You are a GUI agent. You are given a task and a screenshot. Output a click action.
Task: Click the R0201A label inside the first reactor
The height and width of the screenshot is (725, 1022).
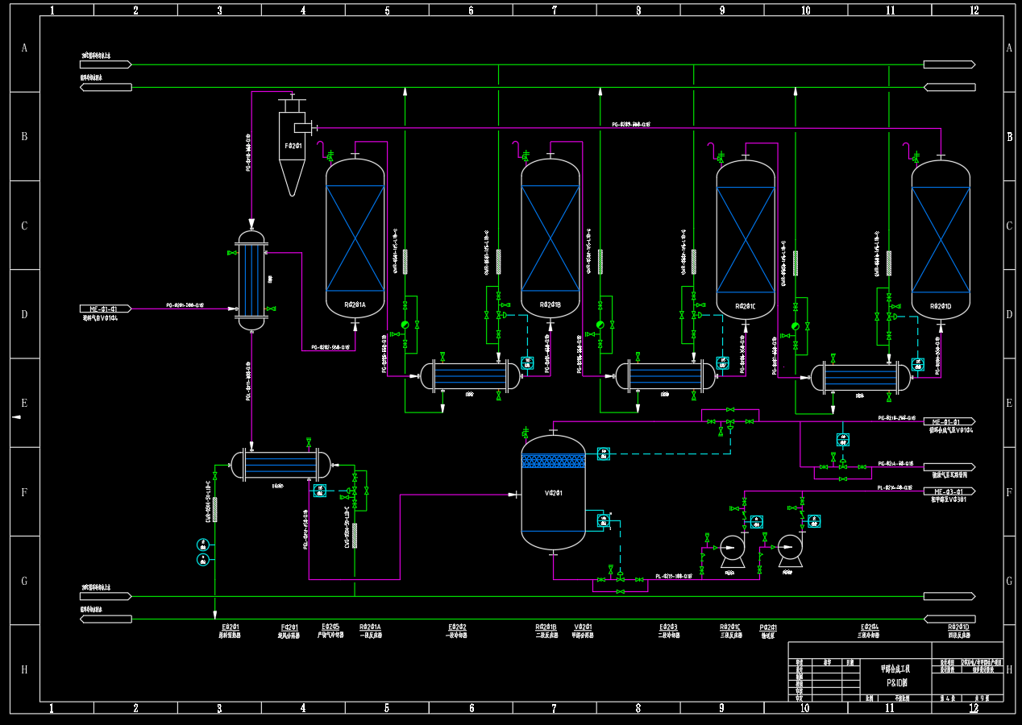click(355, 304)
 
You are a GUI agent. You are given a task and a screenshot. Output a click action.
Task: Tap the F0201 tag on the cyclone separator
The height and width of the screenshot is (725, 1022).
click(293, 146)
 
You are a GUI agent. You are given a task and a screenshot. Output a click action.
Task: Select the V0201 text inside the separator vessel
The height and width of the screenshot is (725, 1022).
click(553, 493)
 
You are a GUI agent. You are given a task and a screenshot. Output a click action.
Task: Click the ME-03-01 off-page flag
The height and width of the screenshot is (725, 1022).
click(948, 491)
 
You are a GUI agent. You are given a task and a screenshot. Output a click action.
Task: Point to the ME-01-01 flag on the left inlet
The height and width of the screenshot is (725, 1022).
click(104, 309)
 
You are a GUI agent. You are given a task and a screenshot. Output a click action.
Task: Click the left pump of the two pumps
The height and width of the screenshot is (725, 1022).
click(732, 547)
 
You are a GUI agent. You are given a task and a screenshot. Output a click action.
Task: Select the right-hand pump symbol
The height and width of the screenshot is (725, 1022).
click(790, 547)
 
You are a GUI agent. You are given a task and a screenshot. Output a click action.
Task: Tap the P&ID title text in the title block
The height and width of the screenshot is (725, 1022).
click(895, 681)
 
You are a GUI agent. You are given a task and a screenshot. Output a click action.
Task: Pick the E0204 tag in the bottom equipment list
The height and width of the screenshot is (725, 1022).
click(869, 627)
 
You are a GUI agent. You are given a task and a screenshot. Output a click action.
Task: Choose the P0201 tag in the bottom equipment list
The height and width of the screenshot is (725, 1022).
click(768, 627)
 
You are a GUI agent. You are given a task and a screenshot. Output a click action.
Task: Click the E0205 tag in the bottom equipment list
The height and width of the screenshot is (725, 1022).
click(330, 627)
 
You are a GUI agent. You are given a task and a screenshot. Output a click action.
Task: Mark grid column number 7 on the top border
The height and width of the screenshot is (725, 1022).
click(555, 10)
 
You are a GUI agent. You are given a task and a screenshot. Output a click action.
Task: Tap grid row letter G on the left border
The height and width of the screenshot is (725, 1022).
click(23, 581)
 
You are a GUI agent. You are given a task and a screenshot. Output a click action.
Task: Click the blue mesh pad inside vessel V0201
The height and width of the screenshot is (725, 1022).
click(553, 461)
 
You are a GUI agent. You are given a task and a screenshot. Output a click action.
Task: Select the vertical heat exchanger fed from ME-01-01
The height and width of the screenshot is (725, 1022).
click(251, 280)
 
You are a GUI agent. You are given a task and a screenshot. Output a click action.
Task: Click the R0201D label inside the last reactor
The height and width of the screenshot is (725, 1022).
click(941, 306)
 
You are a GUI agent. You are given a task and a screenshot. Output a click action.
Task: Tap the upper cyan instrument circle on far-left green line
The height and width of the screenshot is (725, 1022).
click(203, 545)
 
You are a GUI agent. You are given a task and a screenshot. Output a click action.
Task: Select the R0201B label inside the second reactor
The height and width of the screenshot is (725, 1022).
click(550, 304)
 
